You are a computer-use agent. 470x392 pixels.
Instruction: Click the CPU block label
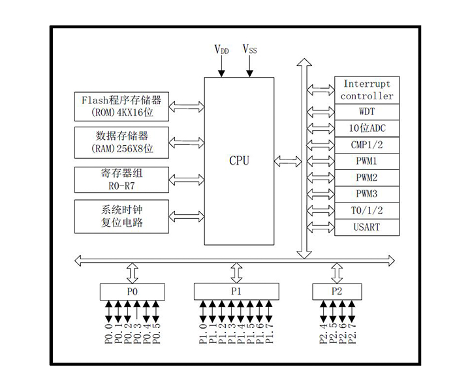click(239, 160)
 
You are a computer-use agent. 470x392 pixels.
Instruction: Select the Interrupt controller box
click(367, 90)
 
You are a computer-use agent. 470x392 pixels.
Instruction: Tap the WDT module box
click(367, 112)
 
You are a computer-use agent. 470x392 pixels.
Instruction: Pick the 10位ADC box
click(367, 128)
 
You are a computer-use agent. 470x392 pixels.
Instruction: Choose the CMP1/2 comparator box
click(367, 144)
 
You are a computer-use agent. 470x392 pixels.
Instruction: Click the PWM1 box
click(367, 161)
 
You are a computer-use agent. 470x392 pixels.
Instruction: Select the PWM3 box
click(367, 194)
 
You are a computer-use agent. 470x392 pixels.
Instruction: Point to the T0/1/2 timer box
click(367, 210)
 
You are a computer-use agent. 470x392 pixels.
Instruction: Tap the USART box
click(367, 227)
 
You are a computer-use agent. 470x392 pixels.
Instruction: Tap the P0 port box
click(133, 291)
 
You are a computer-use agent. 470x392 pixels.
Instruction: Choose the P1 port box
click(236, 291)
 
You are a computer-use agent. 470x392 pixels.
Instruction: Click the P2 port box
click(337, 291)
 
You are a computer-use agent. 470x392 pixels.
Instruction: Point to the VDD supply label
click(222, 50)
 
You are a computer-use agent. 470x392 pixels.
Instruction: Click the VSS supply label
click(249, 50)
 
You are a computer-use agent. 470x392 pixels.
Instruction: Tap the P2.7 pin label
click(353, 333)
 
